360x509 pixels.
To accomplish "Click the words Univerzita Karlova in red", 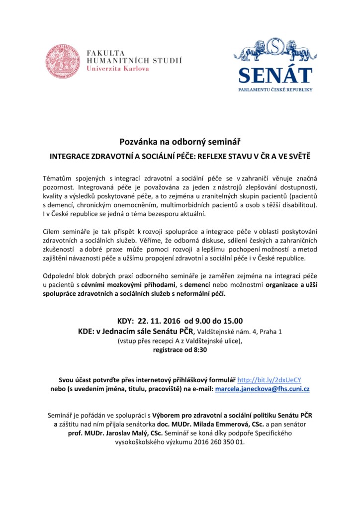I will (x=118, y=69).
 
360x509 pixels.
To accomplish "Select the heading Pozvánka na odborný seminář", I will (x=180, y=142).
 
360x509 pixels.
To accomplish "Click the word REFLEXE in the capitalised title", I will (x=214, y=156).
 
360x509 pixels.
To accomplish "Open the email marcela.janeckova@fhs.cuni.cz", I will (x=262, y=389).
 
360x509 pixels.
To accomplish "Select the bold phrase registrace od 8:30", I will (x=180, y=349).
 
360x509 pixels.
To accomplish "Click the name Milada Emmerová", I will (x=228, y=424).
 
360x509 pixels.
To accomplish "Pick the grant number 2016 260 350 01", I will (x=218, y=442).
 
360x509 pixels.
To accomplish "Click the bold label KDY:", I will (x=125, y=320).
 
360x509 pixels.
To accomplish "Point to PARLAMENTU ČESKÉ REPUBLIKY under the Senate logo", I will (x=275, y=89).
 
